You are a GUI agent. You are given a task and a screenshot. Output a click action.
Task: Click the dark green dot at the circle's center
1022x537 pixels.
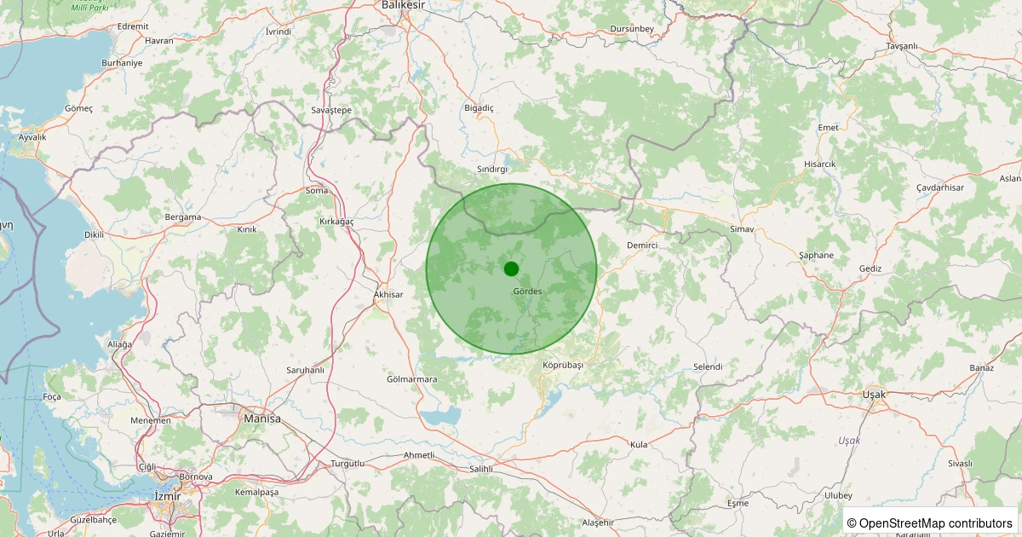tap(511, 268)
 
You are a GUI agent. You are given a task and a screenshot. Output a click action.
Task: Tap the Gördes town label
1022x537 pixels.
tap(527, 292)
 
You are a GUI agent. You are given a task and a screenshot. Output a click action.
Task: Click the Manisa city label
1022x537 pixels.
tap(262, 419)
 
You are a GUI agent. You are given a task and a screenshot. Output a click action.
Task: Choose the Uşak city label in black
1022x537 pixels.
tap(874, 395)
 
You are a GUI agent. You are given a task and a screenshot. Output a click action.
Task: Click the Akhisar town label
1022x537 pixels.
tap(388, 295)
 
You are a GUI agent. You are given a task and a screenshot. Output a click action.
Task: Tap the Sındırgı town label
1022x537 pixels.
tap(492, 170)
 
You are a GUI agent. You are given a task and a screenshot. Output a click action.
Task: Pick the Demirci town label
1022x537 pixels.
tap(642, 245)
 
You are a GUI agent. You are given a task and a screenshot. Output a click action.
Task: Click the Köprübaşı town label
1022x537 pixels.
tap(563, 365)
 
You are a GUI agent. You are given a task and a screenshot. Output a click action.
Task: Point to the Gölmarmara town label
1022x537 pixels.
tap(411, 379)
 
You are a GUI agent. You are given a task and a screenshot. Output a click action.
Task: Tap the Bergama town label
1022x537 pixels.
tap(183, 217)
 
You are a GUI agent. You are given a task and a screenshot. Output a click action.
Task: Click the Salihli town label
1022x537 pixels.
tap(481, 470)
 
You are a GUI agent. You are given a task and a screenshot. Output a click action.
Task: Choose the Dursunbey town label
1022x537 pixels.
tap(632, 30)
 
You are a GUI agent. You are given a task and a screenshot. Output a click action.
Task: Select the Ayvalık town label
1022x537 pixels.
tap(32, 137)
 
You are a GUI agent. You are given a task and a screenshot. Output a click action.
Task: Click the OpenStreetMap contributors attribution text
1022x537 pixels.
tap(930, 523)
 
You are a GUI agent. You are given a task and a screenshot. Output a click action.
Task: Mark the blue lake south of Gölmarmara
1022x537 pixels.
tap(440, 417)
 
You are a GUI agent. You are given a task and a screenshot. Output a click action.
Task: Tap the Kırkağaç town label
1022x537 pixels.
tap(336, 222)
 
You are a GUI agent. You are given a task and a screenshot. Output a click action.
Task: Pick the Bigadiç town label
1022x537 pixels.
tap(478, 108)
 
